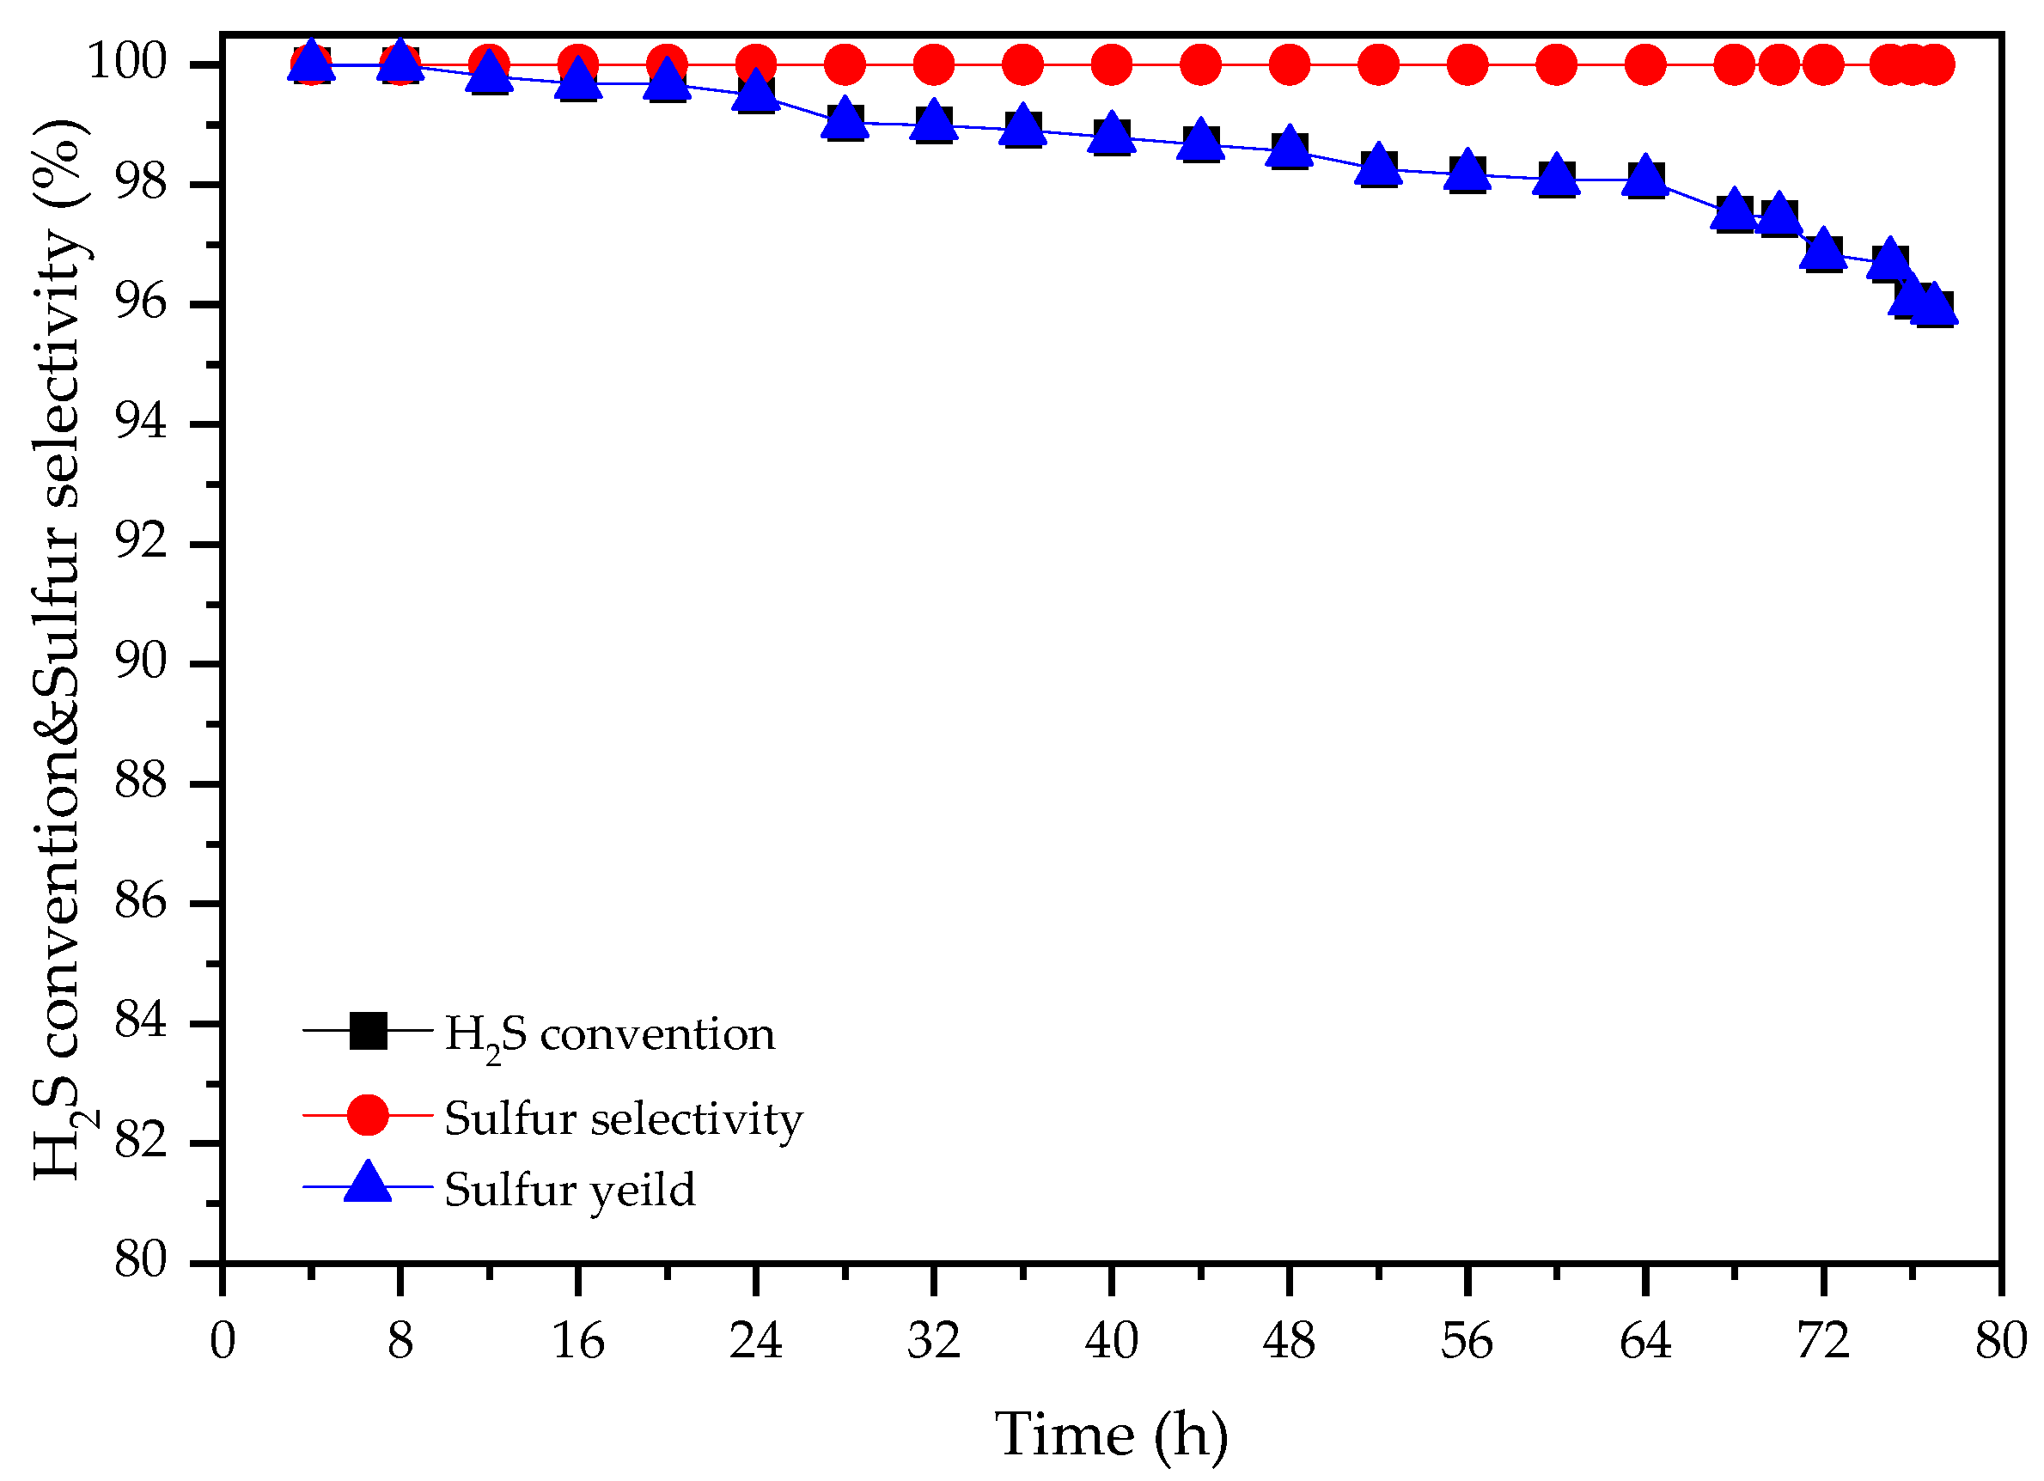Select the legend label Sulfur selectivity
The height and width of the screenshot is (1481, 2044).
(623, 1118)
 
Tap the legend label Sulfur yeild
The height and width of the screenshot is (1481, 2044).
(570, 1190)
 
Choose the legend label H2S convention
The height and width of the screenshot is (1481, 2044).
(610, 1034)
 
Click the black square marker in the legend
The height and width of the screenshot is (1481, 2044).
(368, 1031)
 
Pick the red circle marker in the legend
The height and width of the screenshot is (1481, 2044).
(368, 1115)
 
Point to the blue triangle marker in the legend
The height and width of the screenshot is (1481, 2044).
(368, 1184)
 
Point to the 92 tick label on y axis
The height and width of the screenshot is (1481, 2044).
(141, 543)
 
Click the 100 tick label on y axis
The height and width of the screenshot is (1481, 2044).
(127, 64)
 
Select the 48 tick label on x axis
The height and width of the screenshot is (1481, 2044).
(1289, 1341)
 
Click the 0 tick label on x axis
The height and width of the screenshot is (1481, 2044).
(223, 1341)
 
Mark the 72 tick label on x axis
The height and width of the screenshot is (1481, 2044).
(1822, 1341)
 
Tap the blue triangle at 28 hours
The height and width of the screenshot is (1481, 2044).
(845, 118)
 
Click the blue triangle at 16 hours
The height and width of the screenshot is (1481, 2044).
(577, 79)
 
